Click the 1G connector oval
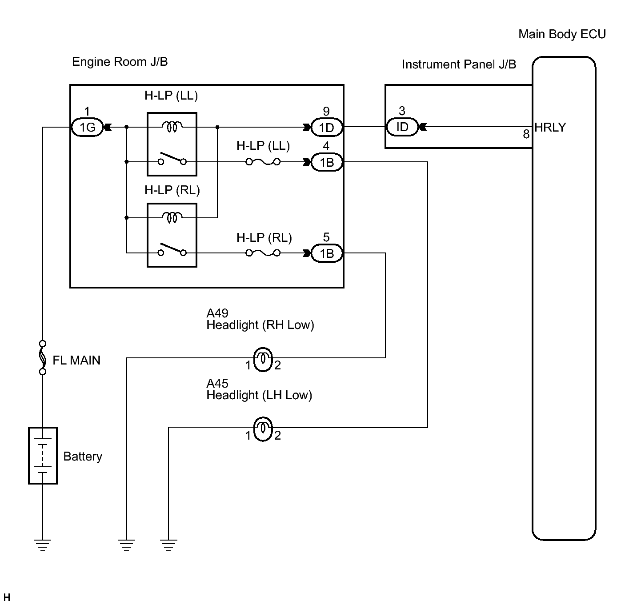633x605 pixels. (87, 127)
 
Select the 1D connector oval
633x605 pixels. (327, 128)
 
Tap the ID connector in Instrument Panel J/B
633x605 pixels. (402, 127)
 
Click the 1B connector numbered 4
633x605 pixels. (327, 162)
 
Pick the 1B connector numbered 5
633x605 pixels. (327, 253)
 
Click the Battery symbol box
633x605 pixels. (43, 455)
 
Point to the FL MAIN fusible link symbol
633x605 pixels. (43, 357)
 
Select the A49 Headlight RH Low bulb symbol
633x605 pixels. (263, 360)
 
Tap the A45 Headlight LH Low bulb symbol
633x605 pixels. (263, 429)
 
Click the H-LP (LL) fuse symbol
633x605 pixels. (263, 162)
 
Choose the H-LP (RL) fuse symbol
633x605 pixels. (263, 253)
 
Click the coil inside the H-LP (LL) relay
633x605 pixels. (172, 127)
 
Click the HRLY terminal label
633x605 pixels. (550, 127)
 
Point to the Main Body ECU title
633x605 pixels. (562, 34)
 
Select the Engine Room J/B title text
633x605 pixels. (120, 61)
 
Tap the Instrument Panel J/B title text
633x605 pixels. (459, 64)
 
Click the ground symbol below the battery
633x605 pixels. (43, 545)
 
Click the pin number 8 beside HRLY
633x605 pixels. (526, 134)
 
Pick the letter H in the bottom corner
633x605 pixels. (7, 597)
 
